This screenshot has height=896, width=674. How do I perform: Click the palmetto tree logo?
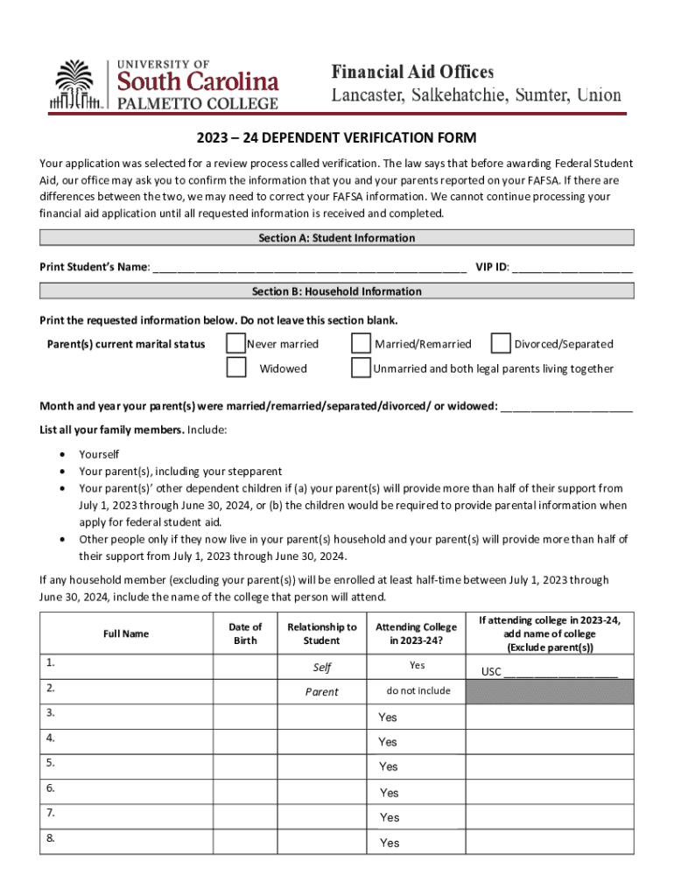(x=76, y=85)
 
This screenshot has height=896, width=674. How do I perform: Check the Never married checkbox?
(x=236, y=343)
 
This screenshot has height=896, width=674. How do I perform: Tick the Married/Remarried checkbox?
(x=361, y=343)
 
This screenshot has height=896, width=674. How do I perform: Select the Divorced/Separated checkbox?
(x=502, y=343)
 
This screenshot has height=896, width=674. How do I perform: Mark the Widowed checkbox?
(x=236, y=367)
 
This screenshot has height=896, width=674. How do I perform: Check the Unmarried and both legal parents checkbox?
(x=361, y=367)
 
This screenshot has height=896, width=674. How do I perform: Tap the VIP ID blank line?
(x=572, y=267)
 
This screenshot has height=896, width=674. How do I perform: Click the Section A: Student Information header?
(x=336, y=238)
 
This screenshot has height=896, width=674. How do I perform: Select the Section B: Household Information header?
(x=336, y=291)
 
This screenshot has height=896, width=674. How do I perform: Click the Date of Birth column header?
(x=245, y=633)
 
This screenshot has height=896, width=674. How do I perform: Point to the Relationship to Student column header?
(x=321, y=633)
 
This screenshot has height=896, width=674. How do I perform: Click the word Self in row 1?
(x=321, y=668)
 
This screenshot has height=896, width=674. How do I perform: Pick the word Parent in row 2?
(x=321, y=692)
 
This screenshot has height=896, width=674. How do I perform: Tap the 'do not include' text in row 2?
(x=418, y=691)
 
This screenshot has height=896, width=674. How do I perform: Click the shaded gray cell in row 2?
(x=549, y=692)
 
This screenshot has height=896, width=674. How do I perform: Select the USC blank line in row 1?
(x=560, y=672)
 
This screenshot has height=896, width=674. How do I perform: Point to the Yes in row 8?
(x=389, y=843)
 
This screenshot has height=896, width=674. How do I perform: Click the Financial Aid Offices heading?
(x=411, y=72)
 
